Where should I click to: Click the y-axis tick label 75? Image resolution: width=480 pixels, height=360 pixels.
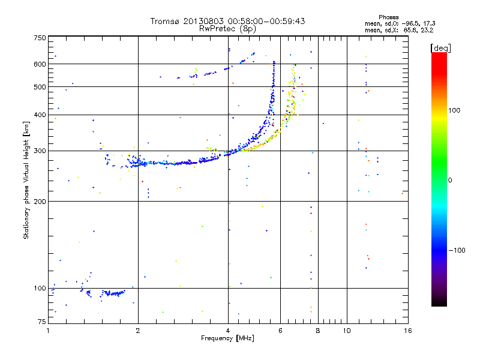click(x=41, y=322)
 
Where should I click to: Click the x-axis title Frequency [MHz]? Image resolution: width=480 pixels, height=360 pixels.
click(x=228, y=339)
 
